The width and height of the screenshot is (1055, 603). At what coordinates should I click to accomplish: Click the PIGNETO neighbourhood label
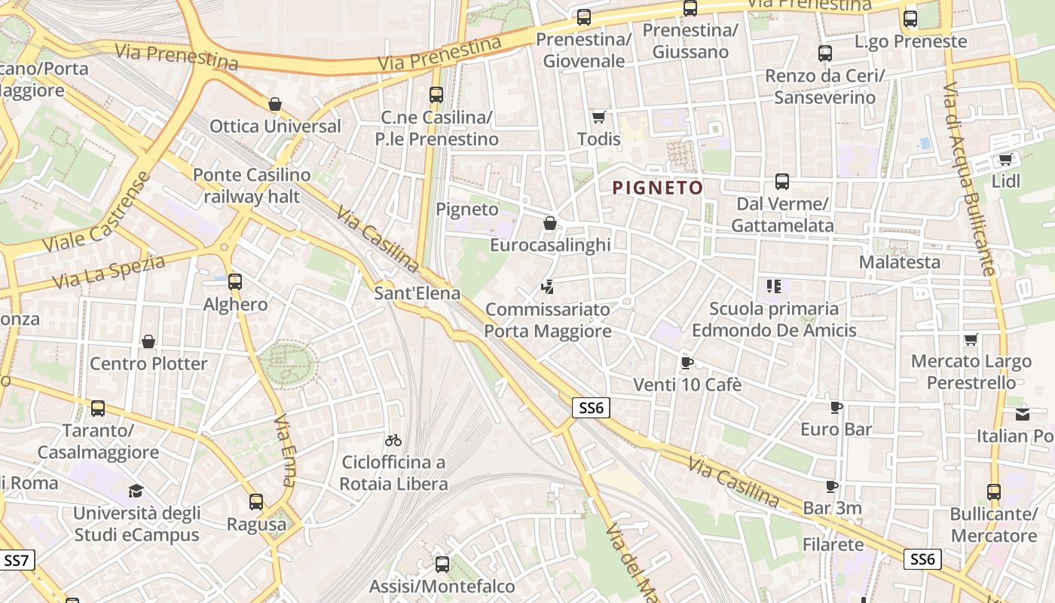point(657,188)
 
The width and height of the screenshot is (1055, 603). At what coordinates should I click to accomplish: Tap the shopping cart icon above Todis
point(599,117)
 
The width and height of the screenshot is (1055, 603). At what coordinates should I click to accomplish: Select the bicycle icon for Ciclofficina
point(393,440)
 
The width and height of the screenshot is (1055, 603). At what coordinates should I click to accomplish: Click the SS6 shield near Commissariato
point(590,409)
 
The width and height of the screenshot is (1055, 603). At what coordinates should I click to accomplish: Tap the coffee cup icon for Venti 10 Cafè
point(687,363)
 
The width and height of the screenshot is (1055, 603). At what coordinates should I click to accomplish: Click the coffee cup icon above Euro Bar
point(836,407)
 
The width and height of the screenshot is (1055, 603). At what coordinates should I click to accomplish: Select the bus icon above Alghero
point(235,282)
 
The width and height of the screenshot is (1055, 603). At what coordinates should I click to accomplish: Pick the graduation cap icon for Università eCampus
point(136,491)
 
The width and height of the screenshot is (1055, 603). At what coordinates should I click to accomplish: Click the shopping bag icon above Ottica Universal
point(275,104)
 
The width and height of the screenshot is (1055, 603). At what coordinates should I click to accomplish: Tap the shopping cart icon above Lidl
point(1005,159)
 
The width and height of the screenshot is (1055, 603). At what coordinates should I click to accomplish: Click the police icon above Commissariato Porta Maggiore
point(548,287)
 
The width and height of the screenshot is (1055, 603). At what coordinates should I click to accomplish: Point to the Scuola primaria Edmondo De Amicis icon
point(773,286)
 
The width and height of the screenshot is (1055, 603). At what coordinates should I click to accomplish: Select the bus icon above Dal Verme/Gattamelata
point(782,182)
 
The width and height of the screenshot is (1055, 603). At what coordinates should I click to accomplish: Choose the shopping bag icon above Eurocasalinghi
point(550,223)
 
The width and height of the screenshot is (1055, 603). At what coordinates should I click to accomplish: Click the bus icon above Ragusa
point(256,502)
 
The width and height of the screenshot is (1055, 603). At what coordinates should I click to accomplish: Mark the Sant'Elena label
point(417,292)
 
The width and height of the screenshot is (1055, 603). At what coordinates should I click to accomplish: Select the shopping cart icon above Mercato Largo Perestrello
point(971,340)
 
